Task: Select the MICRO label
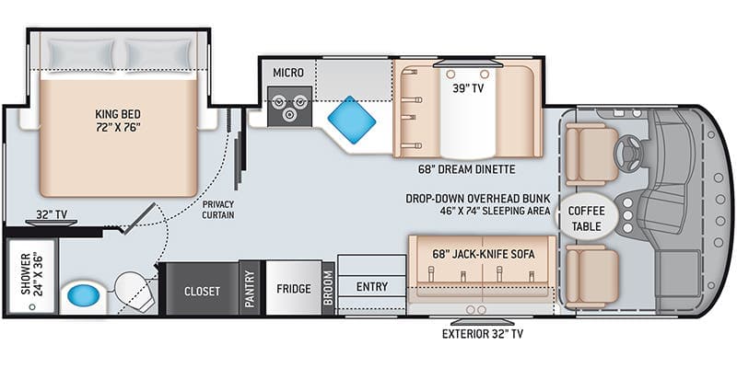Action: (288, 72)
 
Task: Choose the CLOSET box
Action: (201, 291)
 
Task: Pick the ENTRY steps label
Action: (372, 286)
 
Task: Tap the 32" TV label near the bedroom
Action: (52, 215)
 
